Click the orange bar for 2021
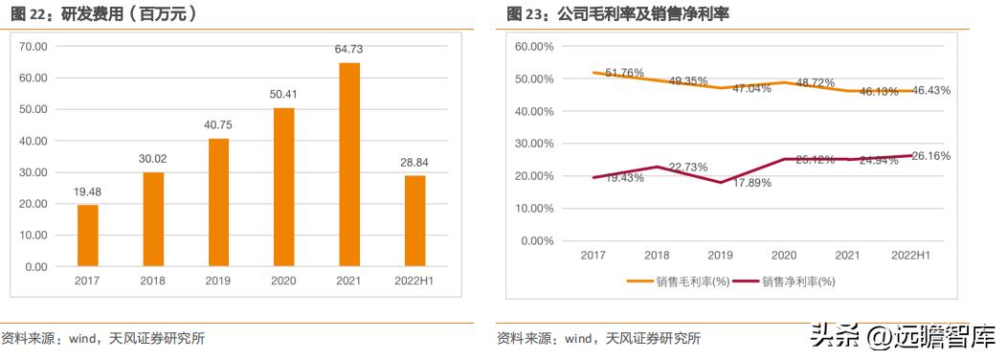click(349, 164)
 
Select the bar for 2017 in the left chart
click(88, 236)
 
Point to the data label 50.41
click(284, 94)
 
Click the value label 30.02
click(153, 159)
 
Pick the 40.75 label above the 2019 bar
click(218, 124)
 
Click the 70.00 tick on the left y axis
click(34, 46)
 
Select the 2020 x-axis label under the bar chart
click(284, 280)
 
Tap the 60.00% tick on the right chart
click(534, 46)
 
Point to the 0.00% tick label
click(537, 240)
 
